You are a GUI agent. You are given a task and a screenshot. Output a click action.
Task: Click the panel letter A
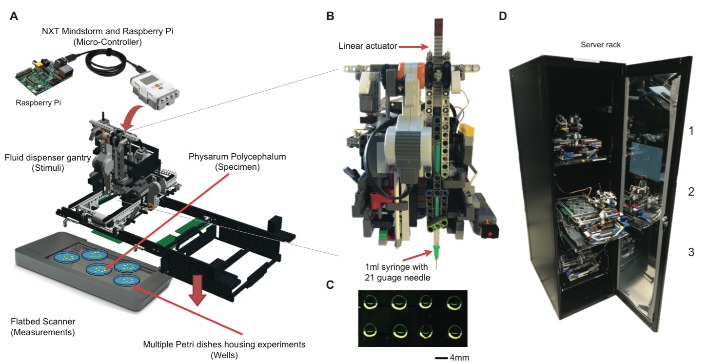pos(14,16)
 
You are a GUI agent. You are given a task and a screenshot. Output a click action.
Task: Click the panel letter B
pos(331,16)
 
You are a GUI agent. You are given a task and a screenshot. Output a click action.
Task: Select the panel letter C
pos(330,285)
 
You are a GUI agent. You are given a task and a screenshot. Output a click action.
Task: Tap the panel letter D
pos(503,16)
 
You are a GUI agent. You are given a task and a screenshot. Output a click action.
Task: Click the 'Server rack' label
pos(600,44)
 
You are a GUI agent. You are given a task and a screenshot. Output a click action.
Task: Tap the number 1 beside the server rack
pos(690,130)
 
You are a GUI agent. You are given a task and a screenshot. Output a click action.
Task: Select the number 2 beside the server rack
pos(690,191)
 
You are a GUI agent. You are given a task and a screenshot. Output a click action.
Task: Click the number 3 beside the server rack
pos(690,252)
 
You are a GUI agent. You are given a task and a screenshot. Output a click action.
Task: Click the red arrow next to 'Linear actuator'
pos(414,46)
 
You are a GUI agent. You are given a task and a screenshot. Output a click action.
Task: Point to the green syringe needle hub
pos(436,252)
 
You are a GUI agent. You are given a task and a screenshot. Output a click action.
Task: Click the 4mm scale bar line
pos(441,358)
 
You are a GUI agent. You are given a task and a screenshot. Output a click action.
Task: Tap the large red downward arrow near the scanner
pos(197,289)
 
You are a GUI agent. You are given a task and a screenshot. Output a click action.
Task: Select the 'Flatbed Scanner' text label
pos(43,322)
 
